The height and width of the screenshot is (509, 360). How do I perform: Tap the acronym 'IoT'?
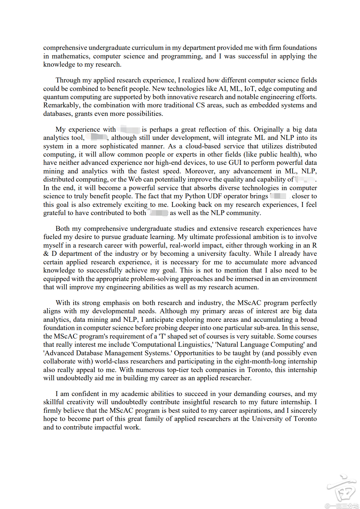(x=249, y=89)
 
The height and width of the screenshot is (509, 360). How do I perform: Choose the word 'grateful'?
(x=55, y=213)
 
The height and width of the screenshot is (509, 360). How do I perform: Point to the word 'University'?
(x=267, y=419)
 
